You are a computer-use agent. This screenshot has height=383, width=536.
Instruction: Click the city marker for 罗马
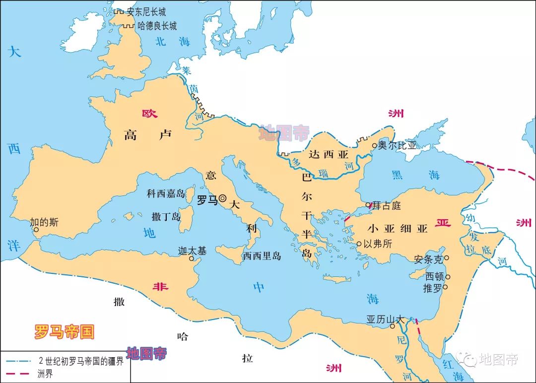(x=222, y=198)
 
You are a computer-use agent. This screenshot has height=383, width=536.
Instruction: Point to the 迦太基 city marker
(x=192, y=258)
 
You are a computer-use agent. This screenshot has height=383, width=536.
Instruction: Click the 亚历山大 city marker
(x=393, y=326)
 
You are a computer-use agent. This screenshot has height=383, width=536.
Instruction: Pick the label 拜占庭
(x=387, y=205)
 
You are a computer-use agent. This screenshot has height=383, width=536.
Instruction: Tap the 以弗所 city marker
(x=359, y=244)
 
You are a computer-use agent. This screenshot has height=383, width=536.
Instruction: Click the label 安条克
(x=428, y=258)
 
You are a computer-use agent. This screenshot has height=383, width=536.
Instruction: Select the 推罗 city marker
(x=445, y=287)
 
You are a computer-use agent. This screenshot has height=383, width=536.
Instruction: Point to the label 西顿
(x=434, y=277)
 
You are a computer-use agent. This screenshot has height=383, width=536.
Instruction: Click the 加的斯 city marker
(x=36, y=230)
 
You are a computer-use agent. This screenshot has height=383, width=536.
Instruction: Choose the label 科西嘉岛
(x=166, y=193)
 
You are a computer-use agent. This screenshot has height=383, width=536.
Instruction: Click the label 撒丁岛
(x=166, y=216)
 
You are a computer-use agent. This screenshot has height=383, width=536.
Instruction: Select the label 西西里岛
(x=262, y=256)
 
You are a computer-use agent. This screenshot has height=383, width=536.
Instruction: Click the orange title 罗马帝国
(x=64, y=331)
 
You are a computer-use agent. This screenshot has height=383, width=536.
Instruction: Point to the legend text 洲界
(x=45, y=374)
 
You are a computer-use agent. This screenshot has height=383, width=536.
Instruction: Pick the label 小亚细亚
(x=398, y=229)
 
